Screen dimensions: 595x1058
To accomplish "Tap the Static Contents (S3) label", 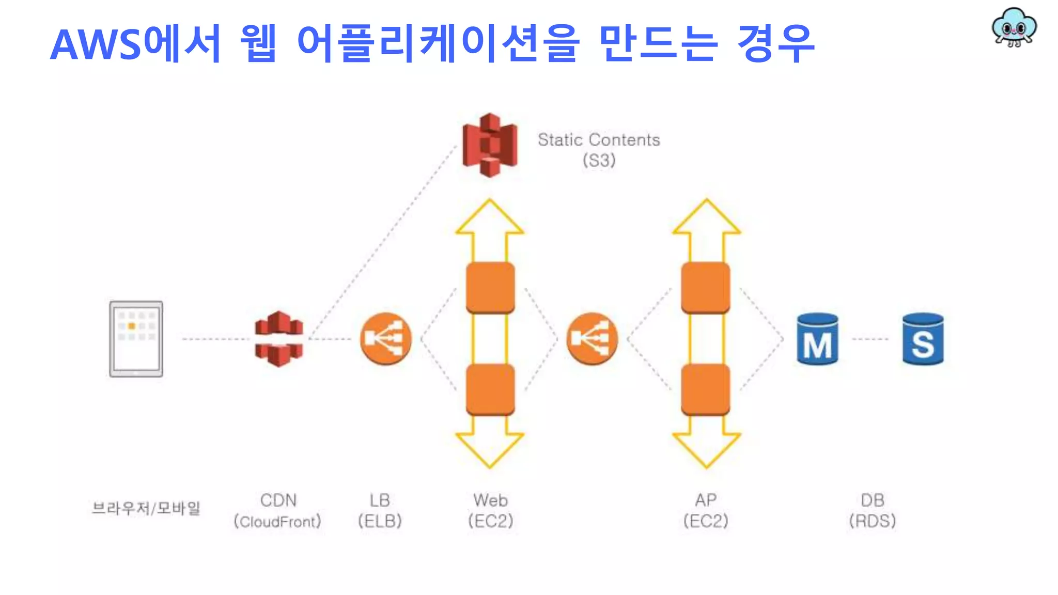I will (599, 149).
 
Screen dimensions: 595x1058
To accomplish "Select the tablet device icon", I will (136, 339).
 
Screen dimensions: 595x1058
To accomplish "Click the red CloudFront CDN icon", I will (279, 339).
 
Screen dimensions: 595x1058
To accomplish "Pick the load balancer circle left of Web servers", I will (385, 339).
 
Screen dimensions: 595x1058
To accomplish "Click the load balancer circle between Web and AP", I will (592, 339).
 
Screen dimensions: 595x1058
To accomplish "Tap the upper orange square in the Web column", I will (490, 288).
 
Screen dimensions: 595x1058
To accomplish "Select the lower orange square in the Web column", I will (490, 389).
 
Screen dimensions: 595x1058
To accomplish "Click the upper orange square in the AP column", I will (706, 288).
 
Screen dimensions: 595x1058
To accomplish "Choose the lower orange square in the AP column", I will (706, 389).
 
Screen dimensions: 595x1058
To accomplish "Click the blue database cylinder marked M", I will (817, 339).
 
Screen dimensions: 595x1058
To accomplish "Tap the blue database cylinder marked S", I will (923, 339).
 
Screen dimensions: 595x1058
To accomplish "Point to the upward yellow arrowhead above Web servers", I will (490, 220).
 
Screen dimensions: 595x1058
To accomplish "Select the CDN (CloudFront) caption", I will (278, 510).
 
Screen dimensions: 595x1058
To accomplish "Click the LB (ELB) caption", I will (380, 510).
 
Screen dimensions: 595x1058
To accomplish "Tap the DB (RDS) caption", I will (872, 510).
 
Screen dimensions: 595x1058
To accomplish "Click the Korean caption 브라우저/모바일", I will (146, 508).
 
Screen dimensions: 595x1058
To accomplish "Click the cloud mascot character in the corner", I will (1014, 27).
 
